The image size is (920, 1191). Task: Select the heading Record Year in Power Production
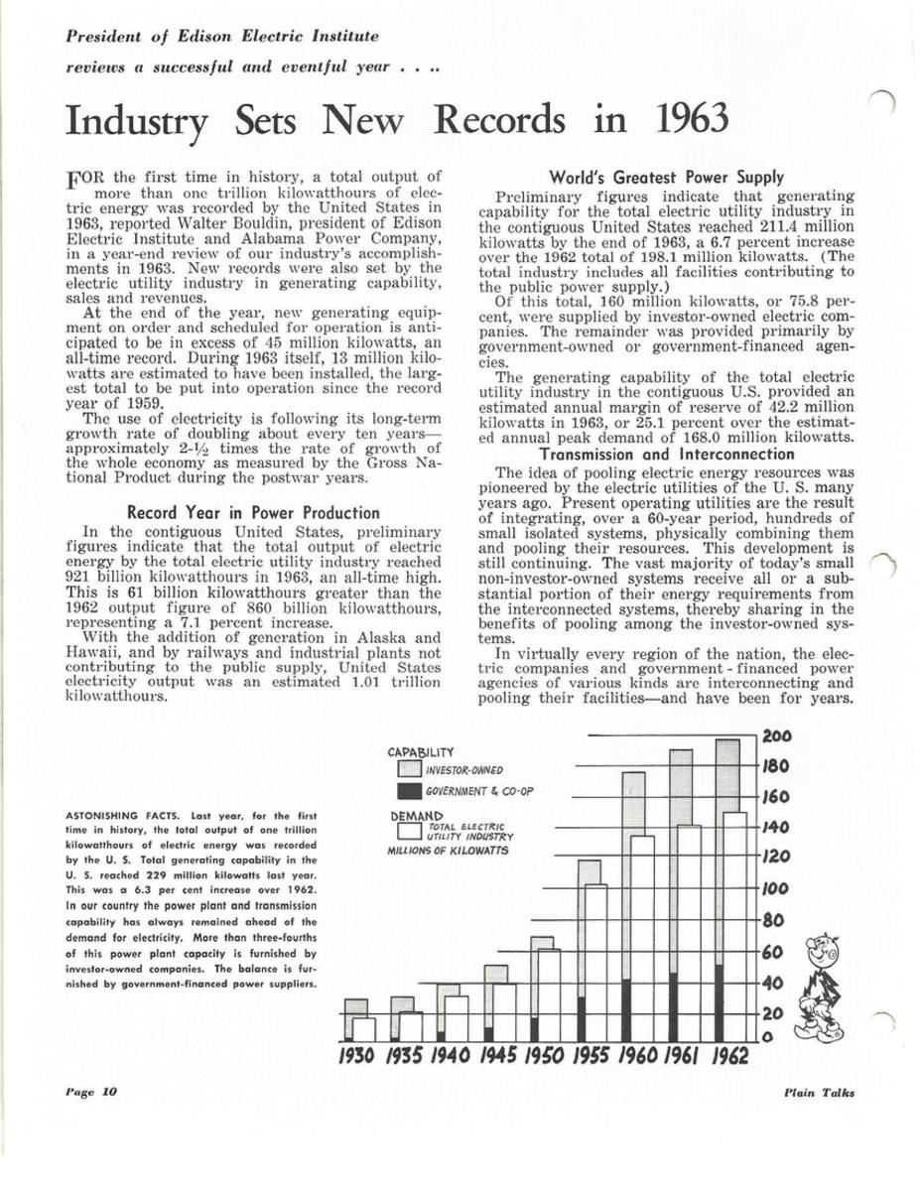point(241,512)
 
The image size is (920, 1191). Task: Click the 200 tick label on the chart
point(778,735)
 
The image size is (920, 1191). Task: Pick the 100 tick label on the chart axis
point(777,890)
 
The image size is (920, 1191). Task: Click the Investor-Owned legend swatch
point(408,770)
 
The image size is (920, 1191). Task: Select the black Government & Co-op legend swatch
point(408,792)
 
